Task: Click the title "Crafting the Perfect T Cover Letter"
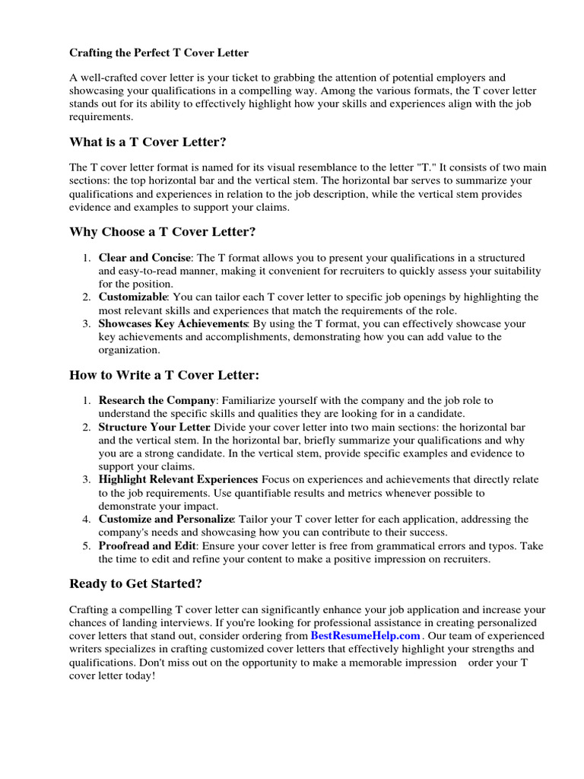159,53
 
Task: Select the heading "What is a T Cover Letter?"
148,141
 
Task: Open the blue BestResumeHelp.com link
366,636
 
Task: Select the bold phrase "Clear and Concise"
144,259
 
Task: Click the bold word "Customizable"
132,297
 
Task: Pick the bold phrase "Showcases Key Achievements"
173,323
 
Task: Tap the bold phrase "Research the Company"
157,400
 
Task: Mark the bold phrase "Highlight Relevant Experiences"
178,479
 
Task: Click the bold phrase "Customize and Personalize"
166,519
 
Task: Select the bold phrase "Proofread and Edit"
148,545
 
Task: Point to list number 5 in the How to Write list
87,545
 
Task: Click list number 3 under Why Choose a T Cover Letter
87,323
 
